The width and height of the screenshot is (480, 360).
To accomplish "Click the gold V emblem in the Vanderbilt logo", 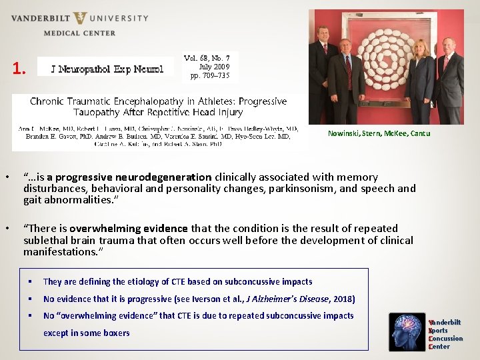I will pos(79,18).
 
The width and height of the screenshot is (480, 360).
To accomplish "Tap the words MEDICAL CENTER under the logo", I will pos(79,33).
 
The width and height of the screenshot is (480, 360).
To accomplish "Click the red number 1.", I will pos(19,68).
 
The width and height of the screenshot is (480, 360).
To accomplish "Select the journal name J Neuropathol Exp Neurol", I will pos(105,67).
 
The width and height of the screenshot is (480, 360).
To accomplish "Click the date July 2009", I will pos(214,67).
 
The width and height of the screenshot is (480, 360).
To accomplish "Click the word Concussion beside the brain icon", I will pos(447,339).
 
